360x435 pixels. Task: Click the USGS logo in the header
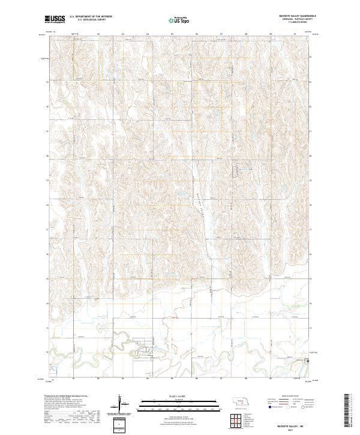point(55,19)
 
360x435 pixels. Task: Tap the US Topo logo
point(179,20)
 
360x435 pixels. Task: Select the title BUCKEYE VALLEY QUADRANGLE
point(292,16)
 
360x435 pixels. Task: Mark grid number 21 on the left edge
point(48,131)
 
